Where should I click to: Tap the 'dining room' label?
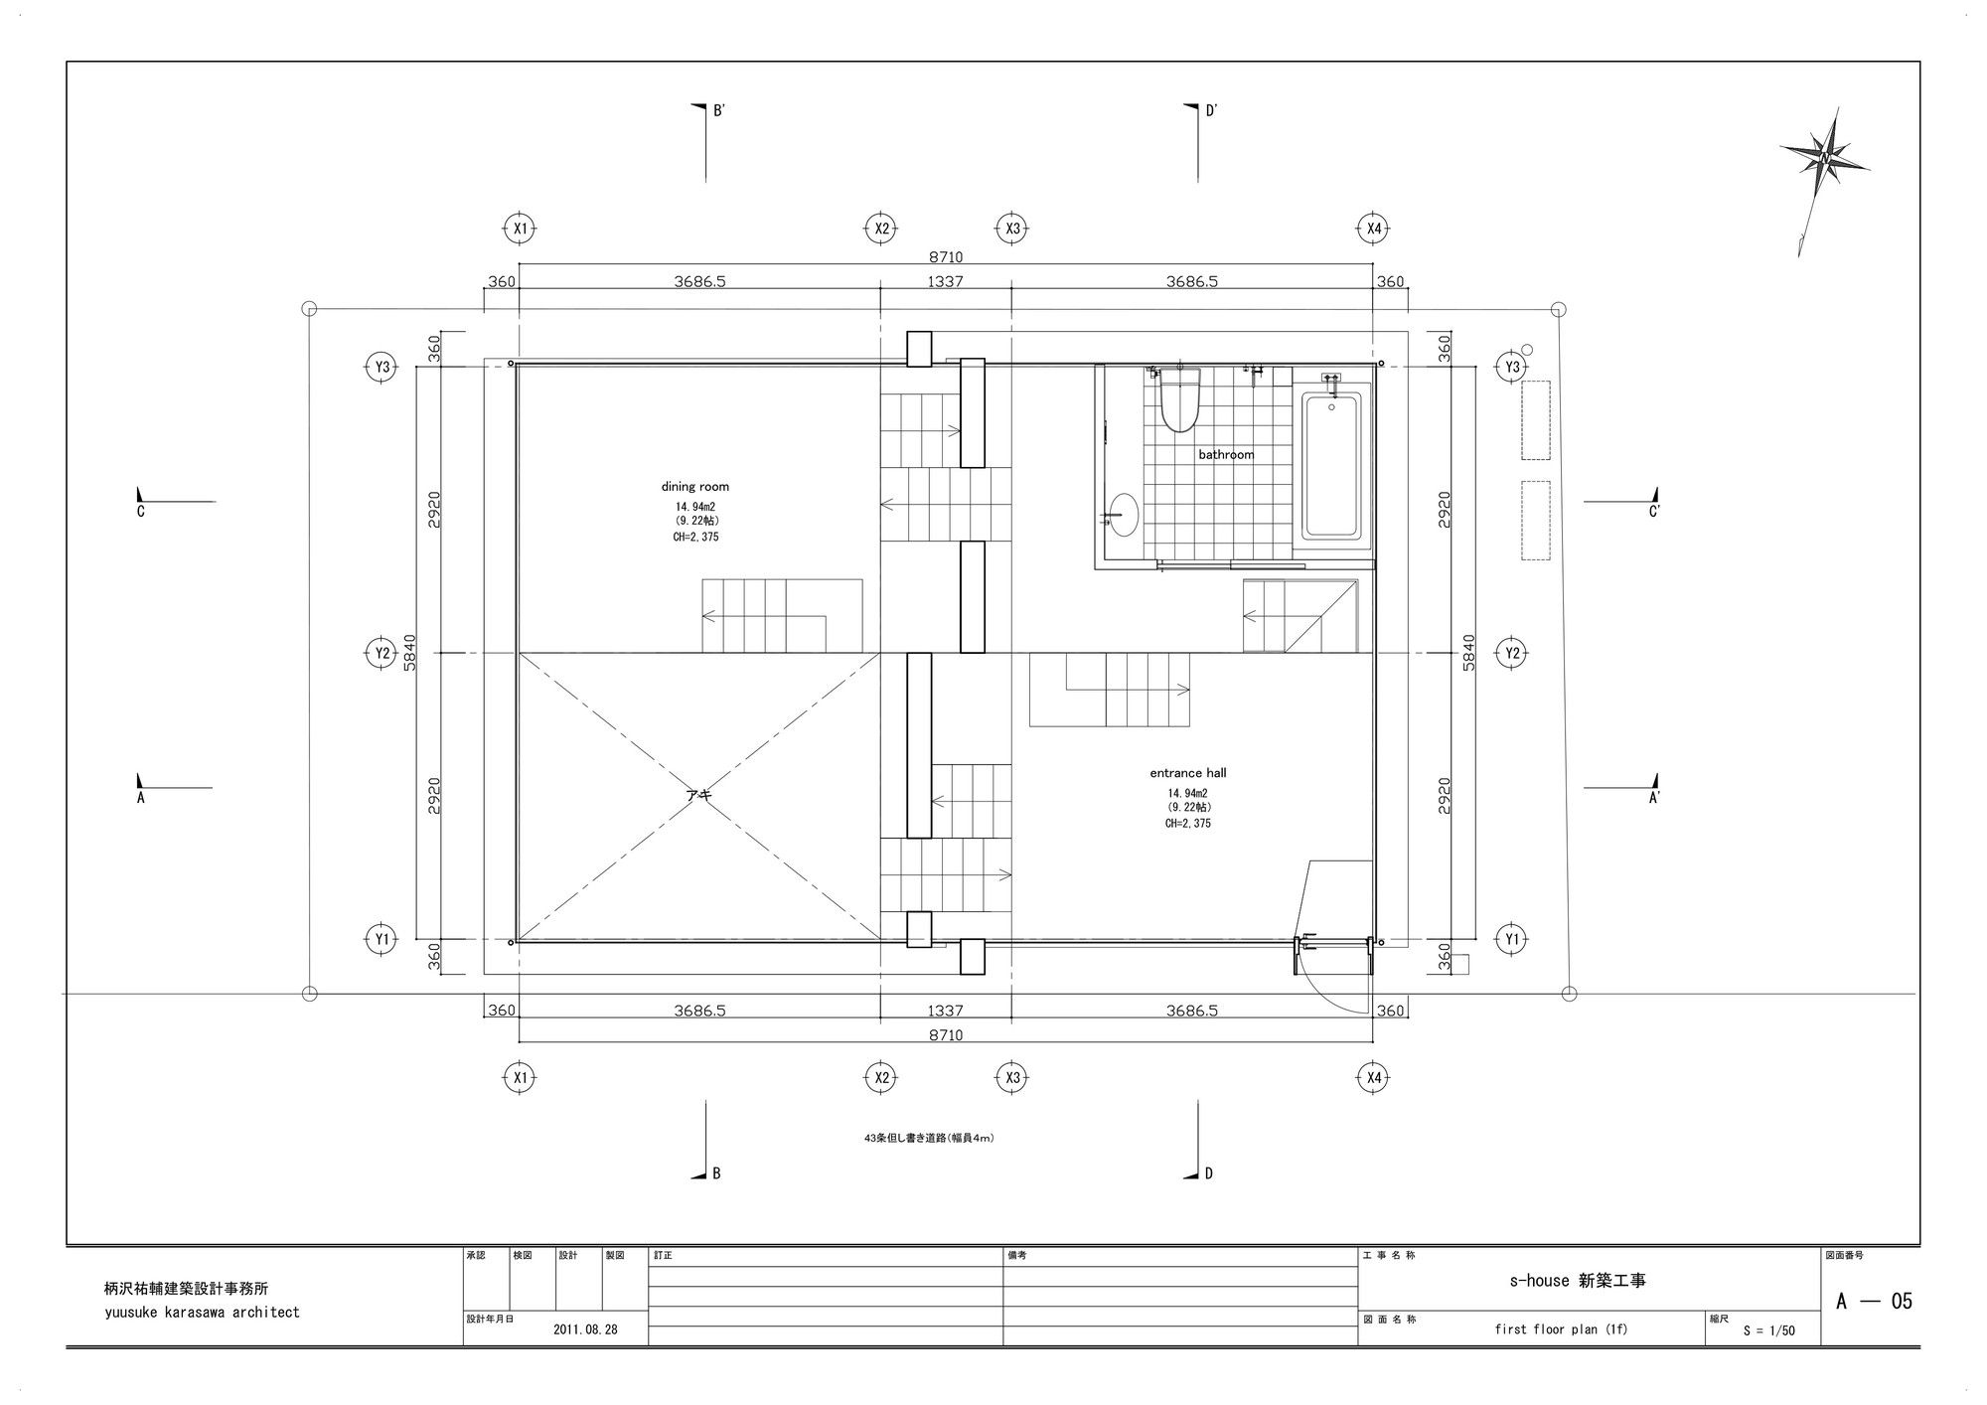point(695,487)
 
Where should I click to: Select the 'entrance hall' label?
point(1188,773)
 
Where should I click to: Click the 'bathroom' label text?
point(1226,455)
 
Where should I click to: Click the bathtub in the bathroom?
point(1331,465)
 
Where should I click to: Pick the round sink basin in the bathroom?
point(1124,515)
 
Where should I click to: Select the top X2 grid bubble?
point(881,229)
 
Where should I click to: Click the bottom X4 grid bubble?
point(1373,1077)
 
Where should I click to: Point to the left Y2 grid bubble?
point(382,653)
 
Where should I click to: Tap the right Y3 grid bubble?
point(1511,367)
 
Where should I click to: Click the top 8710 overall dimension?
point(945,257)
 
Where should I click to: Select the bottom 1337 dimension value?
point(945,1011)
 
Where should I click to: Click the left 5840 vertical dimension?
point(410,653)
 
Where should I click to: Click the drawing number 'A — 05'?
point(1874,1301)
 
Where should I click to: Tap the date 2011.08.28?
point(585,1329)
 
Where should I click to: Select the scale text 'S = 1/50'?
point(1768,1330)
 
